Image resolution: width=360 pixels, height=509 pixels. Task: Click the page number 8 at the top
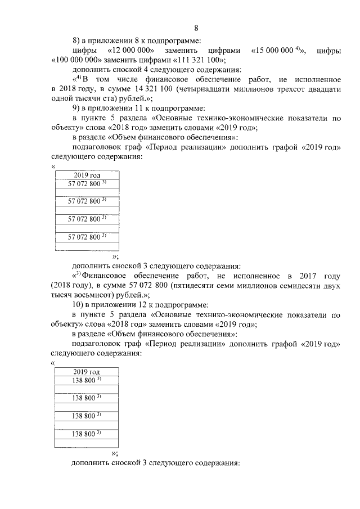coord(196,28)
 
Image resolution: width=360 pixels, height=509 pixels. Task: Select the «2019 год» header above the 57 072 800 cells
coord(87,176)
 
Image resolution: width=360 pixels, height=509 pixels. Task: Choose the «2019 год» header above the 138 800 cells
coord(86,372)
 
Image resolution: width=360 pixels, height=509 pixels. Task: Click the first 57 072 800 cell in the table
coord(87,184)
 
